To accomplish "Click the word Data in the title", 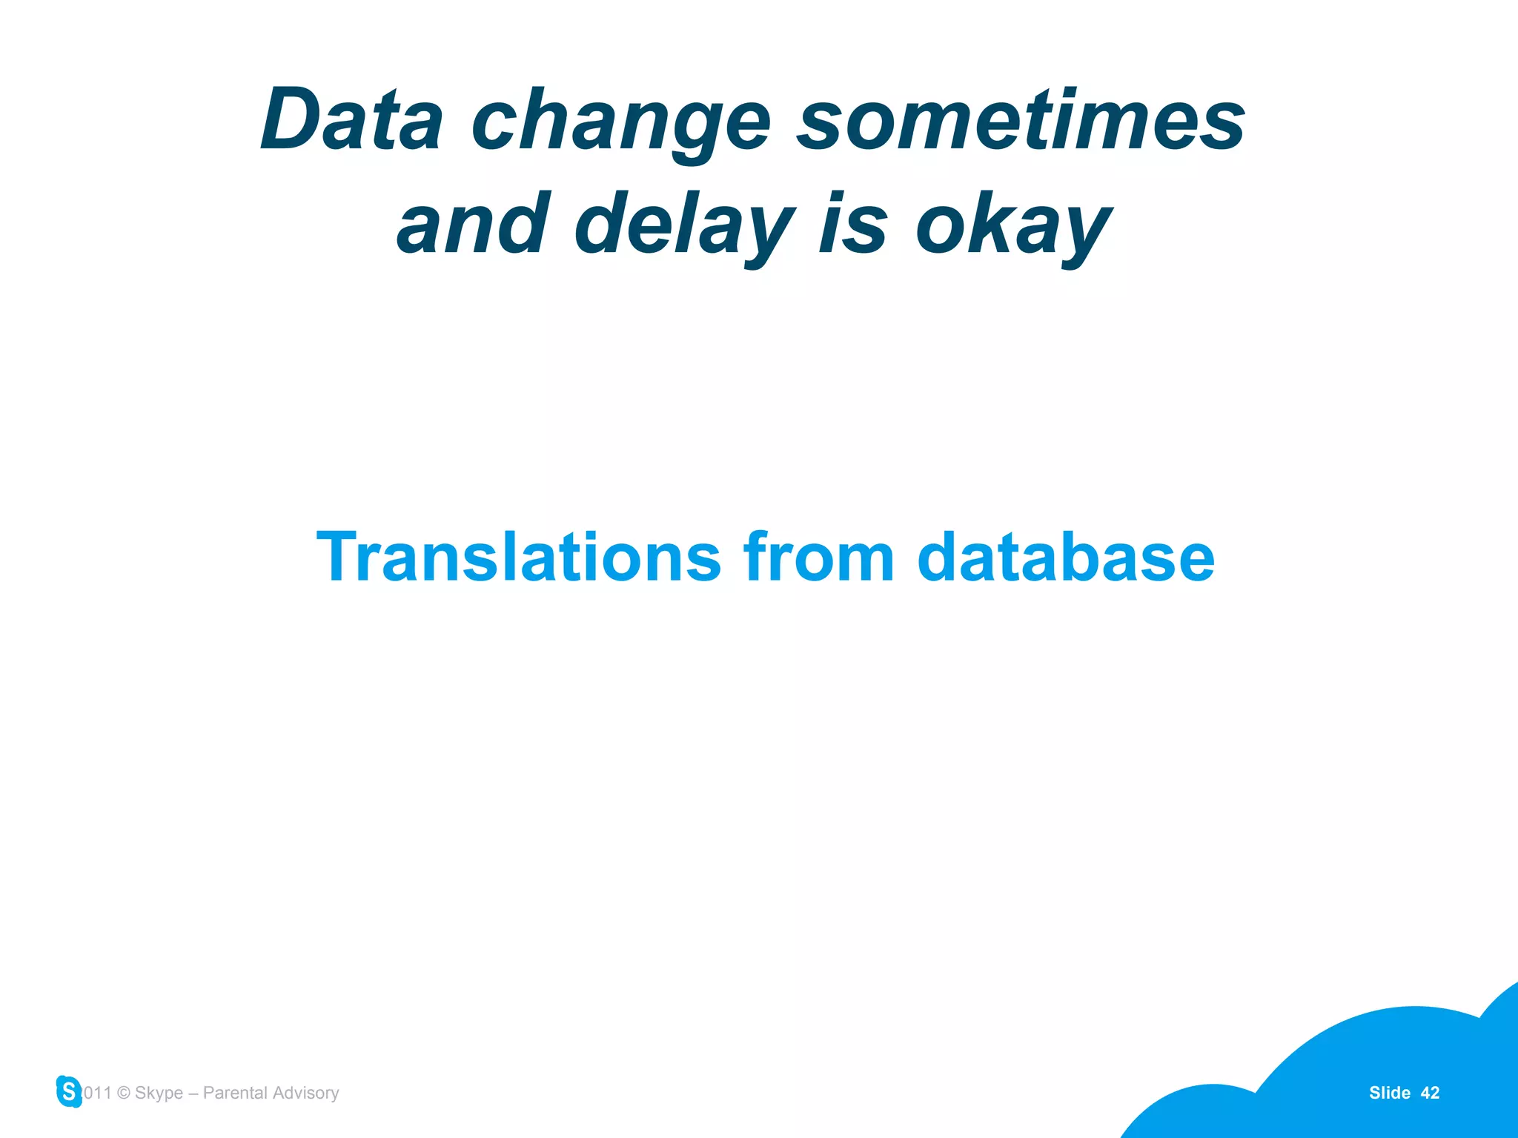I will coord(352,120).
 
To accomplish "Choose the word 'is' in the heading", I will coord(852,222).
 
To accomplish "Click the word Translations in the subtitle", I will coord(518,558).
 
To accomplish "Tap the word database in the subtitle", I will coord(1065,558).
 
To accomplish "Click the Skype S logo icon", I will coord(69,1091).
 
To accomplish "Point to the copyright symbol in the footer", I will coord(124,1094).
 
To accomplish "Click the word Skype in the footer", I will coord(159,1094).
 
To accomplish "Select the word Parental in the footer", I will coord(235,1093).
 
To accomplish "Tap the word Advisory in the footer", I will coord(305,1094).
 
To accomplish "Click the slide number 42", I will coord(1430,1093).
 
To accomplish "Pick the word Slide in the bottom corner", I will coord(1389,1093).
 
